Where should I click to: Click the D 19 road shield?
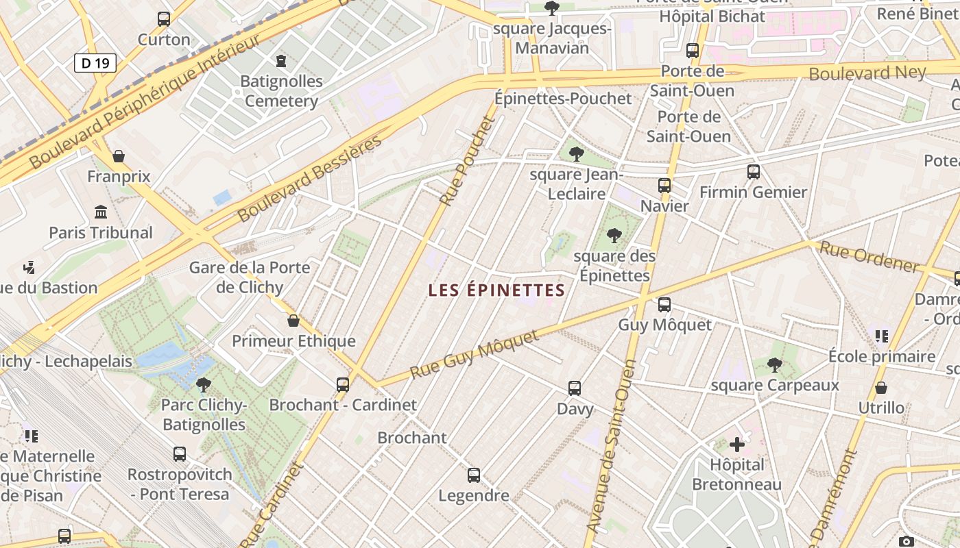point(95,64)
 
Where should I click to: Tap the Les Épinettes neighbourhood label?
point(496,290)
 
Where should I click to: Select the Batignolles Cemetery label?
point(281,91)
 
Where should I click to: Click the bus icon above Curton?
point(164,19)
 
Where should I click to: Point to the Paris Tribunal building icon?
point(101,212)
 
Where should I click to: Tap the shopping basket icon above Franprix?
point(119,157)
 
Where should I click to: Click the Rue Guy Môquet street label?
point(475,354)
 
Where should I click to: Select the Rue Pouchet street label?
point(468,161)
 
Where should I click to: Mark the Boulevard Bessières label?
point(309,179)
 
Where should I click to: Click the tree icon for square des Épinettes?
point(614,236)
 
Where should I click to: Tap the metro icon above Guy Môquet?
point(664,305)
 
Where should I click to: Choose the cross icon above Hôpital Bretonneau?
point(737,445)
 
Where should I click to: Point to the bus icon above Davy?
point(575,388)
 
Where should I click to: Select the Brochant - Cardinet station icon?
point(343,385)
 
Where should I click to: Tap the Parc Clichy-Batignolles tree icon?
point(204,384)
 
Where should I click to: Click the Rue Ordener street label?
point(869,258)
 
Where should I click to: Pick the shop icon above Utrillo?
point(881,388)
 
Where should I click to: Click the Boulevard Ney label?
point(867,73)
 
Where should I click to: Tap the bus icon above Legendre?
point(474,475)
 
